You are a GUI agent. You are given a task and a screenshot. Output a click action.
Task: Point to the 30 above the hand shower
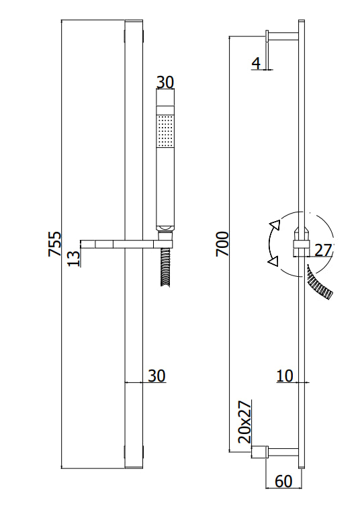(165, 83)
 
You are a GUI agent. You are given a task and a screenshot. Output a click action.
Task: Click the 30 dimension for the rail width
(156, 376)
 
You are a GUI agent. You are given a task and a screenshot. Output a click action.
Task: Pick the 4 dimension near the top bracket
(256, 63)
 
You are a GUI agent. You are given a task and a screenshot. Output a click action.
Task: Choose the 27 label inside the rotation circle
(323, 250)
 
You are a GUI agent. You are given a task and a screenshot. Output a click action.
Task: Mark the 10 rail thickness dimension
(285, 376)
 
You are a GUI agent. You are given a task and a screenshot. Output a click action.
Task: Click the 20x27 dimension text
(245, 422)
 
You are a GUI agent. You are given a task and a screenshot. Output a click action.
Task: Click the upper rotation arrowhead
(273, 226)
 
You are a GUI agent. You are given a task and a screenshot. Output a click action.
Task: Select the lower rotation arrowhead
(272, 261)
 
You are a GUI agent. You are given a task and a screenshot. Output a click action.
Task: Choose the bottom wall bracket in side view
(275, 452)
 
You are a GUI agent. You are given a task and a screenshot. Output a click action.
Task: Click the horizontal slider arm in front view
(107, 243)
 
